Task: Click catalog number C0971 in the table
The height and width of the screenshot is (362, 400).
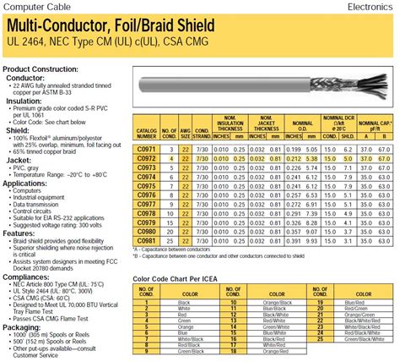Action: (146, 147)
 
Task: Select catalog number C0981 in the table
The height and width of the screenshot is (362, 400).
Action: (146, 224)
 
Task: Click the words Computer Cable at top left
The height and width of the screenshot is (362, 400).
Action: (31, 6)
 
